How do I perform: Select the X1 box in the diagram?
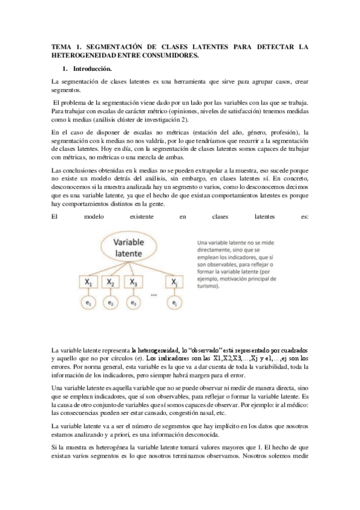tap(89, 281)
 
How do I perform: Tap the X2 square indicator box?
tap(111, 281)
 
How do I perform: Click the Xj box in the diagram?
tap(174, 281)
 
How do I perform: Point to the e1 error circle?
tap(89, 304)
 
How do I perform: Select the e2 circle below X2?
tap(111, 304)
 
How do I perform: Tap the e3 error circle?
tap(133, 304)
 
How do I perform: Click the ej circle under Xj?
tap(174, 304)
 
